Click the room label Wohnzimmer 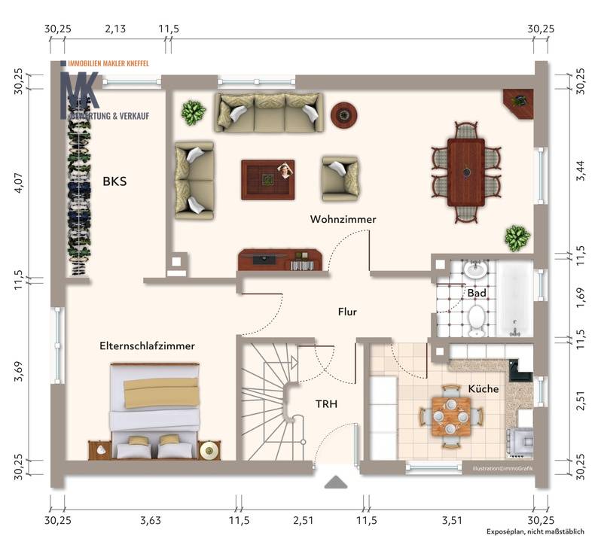343,219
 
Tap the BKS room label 114,181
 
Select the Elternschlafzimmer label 148,346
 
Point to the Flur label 346,311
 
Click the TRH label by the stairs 326,404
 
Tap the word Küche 483,389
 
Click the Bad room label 476,292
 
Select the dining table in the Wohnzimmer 465,172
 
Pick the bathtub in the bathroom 514,300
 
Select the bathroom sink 475,270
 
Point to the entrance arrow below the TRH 334,482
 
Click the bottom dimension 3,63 151,519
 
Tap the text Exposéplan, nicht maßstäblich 535,532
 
